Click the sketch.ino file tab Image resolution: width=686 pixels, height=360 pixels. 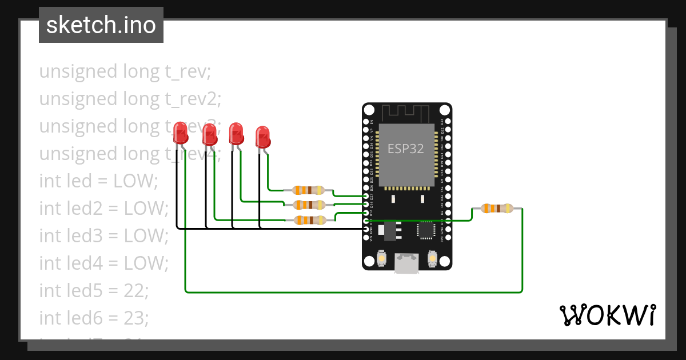101,25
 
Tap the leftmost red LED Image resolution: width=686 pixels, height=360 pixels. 181,133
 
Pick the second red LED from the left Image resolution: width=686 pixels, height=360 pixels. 210,135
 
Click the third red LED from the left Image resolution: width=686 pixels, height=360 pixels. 236,134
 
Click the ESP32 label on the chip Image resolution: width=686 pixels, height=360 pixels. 406,149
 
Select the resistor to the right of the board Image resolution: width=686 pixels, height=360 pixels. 496,209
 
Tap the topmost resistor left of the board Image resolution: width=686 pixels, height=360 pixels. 308,191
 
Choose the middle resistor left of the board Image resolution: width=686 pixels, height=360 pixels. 308,205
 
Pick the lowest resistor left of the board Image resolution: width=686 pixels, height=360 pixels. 309,220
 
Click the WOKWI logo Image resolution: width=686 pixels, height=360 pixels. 607,315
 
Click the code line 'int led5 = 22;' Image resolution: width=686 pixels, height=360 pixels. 94,290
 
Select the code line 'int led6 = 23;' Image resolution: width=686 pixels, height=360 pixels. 94,317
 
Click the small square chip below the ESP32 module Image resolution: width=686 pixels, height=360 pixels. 426,230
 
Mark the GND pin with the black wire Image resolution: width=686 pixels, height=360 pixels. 366,229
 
